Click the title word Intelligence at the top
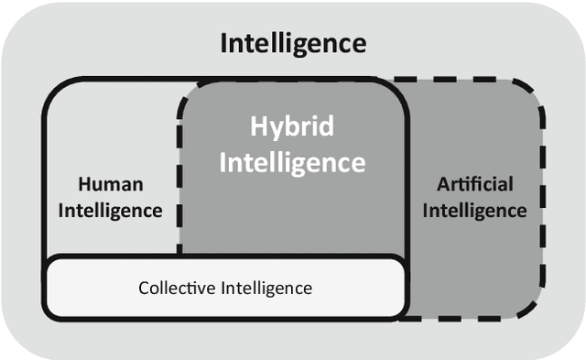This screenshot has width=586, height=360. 293,43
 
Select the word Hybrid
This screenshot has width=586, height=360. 293,127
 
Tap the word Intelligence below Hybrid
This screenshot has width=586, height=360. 293,162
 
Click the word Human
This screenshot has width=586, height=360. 110,183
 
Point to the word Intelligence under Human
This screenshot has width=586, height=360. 110,210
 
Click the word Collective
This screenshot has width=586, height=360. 178,288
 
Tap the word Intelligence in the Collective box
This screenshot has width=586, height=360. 266,288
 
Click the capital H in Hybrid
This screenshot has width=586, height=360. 258,126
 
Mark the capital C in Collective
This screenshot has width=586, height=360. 144,288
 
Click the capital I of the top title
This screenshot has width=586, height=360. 224,43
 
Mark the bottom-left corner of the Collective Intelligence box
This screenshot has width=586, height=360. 50,311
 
